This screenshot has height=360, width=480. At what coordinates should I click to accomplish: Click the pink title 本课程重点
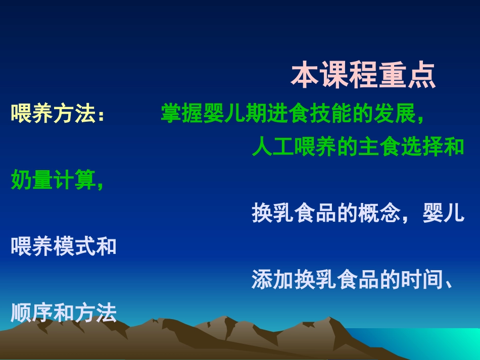click(363, 76)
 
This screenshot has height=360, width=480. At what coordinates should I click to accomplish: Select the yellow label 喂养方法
click(53, 113)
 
